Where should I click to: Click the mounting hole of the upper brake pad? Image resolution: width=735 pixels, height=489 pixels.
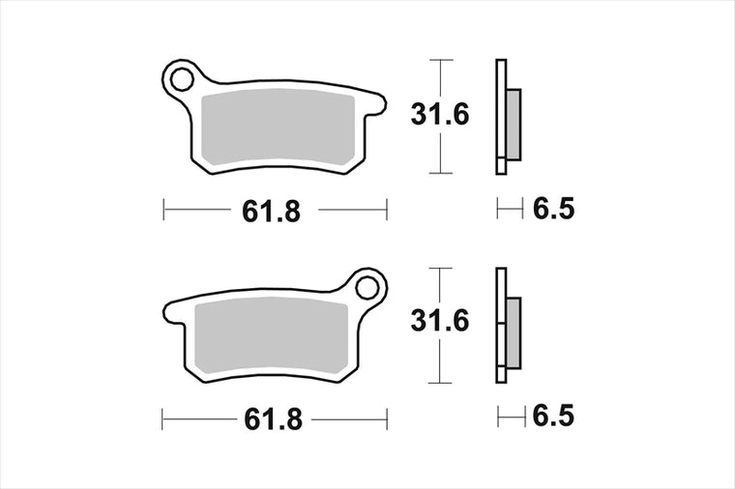click(x=182, y=79)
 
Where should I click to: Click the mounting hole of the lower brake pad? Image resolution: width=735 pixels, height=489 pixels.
click(x=367, y=288)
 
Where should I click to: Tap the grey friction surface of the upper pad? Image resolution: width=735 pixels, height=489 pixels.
click(x=278, y=127)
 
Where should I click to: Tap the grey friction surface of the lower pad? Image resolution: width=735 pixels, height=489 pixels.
click(x=272, y=336)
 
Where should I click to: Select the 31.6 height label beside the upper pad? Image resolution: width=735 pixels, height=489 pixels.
click(x=440, y=115)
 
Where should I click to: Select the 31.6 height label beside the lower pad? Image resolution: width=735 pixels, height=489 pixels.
click(x=440, y=321)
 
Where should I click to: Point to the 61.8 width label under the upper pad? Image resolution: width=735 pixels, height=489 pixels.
click(x=272, y=212)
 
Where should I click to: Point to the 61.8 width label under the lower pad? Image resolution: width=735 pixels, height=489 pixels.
click(x=274, y=419)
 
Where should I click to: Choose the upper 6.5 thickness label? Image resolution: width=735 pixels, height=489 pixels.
click(x=553, y=209)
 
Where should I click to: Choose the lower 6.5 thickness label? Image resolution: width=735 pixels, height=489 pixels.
click(x=553, y=416)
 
